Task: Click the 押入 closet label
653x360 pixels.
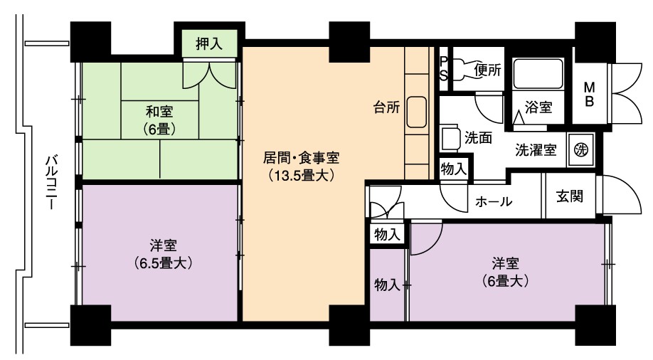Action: tap(209, 43)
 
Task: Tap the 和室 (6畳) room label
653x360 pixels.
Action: tap(159, 120)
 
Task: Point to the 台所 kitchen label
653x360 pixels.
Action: tap(386, 107)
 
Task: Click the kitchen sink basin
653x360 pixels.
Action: tap(416, 112)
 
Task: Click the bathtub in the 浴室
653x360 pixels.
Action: tap(538, 73)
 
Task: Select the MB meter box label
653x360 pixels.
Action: tap(589, 94)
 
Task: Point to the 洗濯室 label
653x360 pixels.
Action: tap(536, 149)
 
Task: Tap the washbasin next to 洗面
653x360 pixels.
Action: tap(450, 137)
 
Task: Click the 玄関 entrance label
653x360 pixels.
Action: tap(570, 196)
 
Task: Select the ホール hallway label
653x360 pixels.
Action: tap(494, 202)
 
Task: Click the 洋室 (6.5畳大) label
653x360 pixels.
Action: tap(164, 254)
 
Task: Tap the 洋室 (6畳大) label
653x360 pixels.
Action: tap(505, 272)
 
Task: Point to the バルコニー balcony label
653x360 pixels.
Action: tap(52, 181)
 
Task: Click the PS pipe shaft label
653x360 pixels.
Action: tap(444, 69)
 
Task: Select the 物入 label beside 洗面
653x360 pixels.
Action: tap(453, 169)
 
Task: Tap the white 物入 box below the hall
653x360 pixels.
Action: tap(387, 235)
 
